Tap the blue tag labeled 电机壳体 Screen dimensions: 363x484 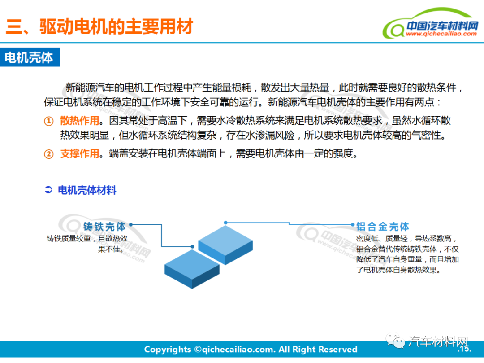click(x=29, y=57)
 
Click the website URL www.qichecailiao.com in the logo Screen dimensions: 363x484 click(x=442, y=34)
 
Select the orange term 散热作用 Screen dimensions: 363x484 click(x=79, y=121)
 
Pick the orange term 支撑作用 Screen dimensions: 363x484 click(x=79, y=154)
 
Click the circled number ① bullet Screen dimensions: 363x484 click(x=48, y=121)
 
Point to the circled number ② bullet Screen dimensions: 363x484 click(x=48, y=154)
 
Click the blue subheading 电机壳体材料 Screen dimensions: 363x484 click(x=87, y=190)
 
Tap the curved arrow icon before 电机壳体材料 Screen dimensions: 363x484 click(x=49, y=190)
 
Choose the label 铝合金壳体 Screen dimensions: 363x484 click(x=383, y=226)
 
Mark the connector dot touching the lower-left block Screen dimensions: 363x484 click(x=192, y=246)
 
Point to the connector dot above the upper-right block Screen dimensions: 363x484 click(x=226, y=222)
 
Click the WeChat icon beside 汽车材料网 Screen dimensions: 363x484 click(x=398, y=342)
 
